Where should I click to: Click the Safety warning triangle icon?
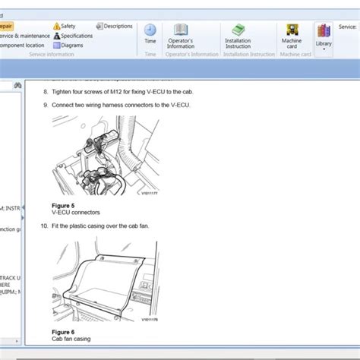tap(57, 26)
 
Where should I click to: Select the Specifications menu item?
tap(76, 36)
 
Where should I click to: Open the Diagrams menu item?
tap(72, 45)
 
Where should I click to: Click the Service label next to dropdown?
tap(347, 26)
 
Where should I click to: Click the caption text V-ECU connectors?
tap(76, 213)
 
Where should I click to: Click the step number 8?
tap(45, 91)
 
